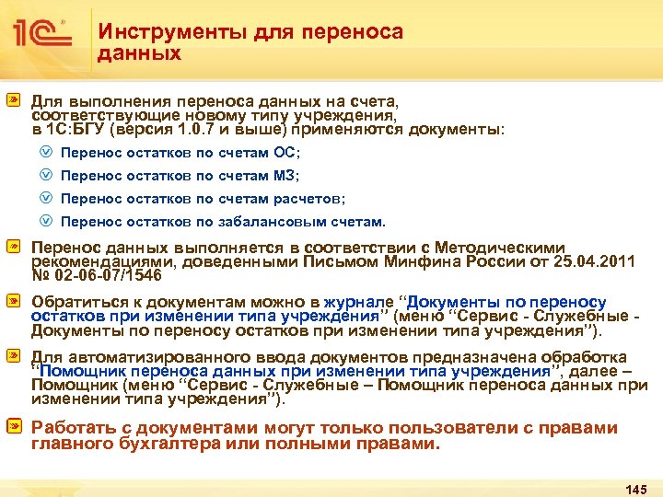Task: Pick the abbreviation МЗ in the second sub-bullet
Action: click(x=286, y=175)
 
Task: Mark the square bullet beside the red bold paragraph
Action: click(x=16, y=428)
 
